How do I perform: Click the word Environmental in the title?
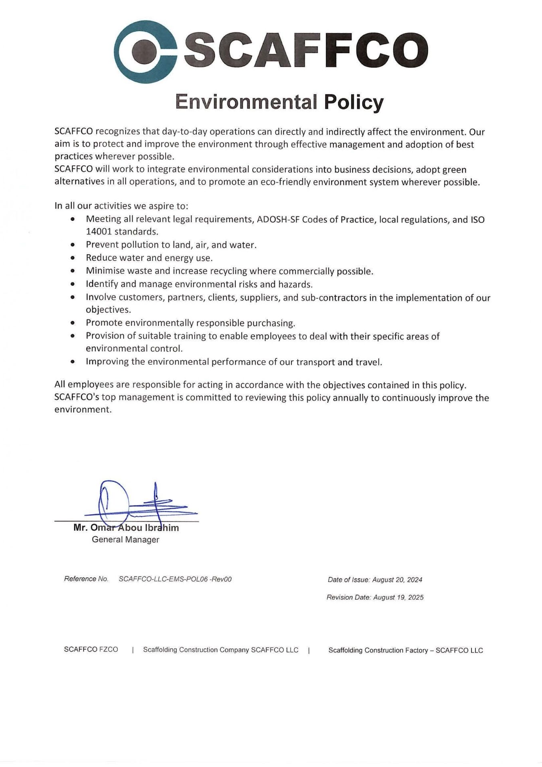(246, 102)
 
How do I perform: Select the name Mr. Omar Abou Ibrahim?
(126, 528)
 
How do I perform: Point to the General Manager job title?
(125, 540)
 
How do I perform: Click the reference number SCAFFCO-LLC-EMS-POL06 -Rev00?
(175, 579)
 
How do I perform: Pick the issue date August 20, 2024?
(397, 580)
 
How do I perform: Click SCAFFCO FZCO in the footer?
(91, 650)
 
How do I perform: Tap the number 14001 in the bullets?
(99, 232)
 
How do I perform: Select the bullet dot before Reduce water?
(73, 258)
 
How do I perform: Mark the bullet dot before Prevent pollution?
(73, 244)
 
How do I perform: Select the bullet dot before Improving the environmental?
(73, 362)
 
